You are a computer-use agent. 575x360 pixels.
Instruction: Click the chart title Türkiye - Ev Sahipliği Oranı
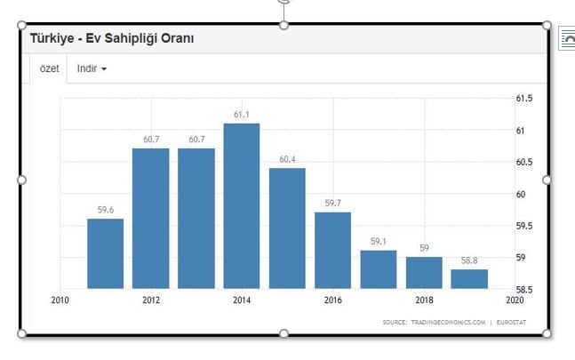click(x=112, y=39)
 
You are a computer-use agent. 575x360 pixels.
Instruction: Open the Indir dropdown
click(x=92, y=68)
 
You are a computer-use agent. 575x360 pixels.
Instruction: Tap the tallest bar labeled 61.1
click(x=242, y=205)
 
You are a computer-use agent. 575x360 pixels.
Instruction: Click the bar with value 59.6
click(x=105, y=253)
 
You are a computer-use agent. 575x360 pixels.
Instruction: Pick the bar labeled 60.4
click(x=287, y=228)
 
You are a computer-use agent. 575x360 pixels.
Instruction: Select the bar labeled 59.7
click(x=332, y=250)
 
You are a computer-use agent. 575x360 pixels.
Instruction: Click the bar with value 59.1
click(x=379, y=269)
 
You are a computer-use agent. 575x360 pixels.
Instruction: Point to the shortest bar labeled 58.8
click(x=469, y=278)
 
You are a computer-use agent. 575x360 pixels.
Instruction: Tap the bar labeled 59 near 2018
click(x=424, y=272)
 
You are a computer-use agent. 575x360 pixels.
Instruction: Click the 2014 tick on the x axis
click(x=242, y=300)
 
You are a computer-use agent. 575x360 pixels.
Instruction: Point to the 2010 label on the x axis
click(x=60, y=300)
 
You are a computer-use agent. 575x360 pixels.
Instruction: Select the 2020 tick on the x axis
click(x=515, y=300)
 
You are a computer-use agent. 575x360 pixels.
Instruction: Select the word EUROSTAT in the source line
click(x=510, y=322)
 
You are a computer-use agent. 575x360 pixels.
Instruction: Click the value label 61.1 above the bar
click(x=242, y=115)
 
